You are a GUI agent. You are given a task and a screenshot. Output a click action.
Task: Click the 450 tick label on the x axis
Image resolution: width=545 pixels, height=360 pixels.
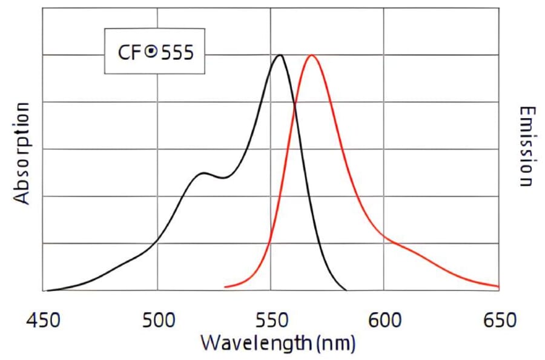pyautogui.click(x=45, y=319)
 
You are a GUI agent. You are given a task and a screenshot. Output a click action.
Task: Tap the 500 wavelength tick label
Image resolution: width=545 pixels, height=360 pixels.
pyautogui.click(x=158, y=319)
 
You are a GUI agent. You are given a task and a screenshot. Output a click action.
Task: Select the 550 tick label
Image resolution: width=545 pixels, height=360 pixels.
pyautogui.click(x=271, y=319)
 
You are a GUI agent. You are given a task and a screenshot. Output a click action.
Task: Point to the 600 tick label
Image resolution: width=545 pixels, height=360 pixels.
pyautogui.click(x=385, y=319)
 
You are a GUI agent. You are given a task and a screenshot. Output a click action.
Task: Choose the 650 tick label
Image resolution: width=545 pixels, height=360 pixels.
pyautogui.click(x=498, y=319)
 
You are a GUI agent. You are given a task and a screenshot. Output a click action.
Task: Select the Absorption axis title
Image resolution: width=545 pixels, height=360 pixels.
pyautogui.click(x=22, y=153)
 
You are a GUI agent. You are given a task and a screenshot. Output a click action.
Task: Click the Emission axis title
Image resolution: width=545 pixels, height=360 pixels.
pyautogui.click(x=527, y=147)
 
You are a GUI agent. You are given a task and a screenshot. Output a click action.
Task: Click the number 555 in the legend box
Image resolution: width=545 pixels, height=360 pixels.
pyautogui.click(x=176, y=52)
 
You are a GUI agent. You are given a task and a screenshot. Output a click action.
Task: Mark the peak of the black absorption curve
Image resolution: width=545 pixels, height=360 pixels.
pyautogui.click(x=279, y=55)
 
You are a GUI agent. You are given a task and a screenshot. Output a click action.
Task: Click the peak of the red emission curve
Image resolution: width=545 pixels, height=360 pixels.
pyautogui.click(x=312, y=55)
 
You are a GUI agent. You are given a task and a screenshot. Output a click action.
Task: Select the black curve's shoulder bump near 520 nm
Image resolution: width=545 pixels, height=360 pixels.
pyautogui.click(x=203, y=173)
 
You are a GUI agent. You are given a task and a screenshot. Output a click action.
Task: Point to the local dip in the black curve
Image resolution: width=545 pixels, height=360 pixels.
pyautogui.click(x=223, y=178)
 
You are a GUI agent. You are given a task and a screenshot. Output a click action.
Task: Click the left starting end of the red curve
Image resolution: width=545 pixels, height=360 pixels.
pyautogui.click(x=225, y=287)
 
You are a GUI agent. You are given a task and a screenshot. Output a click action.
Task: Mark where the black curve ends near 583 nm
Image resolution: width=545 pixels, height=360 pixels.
pyautogui.click(x=346, y=290)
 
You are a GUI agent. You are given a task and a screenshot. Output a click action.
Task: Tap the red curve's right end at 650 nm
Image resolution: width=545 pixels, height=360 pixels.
pyautogui.click(x=498, y=286)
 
